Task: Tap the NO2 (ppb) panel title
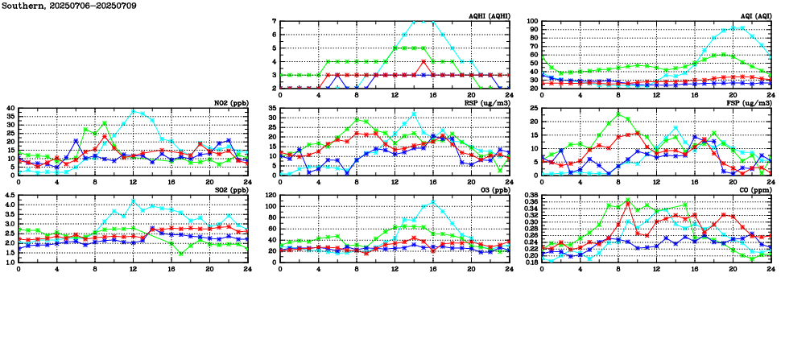[227, 103]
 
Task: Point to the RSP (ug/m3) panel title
[485, 103]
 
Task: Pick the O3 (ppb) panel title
[492, 190]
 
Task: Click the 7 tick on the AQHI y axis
[275, 22]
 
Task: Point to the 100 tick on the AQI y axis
[533, 22]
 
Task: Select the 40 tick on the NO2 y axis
[10, 109]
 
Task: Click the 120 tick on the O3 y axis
[271, 196]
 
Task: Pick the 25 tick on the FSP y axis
[535, 109]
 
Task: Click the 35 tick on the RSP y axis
[273, 109]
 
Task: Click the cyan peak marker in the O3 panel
[433, 201]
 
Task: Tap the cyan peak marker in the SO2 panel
[133, 201]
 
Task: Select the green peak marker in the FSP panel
[618, 114]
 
